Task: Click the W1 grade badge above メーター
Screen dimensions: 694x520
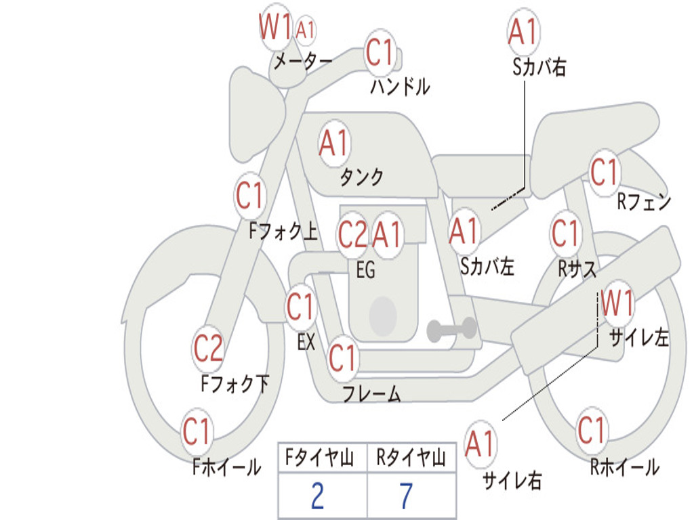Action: tap(275, 27)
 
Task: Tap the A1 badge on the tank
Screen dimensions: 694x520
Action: tap(334, 144)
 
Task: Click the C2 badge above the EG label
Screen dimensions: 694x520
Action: tap(352, 234)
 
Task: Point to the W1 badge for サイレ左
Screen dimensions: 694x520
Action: tap(617, 303)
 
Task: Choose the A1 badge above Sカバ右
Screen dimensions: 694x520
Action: tap(524, 31)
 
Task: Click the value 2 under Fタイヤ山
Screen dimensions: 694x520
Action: tap(318, 496)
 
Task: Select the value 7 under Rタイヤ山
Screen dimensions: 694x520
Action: tap(407, 496)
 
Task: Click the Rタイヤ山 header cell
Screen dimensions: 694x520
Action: tap(411, 457)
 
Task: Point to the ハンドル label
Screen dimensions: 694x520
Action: tap(400, 87)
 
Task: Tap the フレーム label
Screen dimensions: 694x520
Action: tap(372, 393)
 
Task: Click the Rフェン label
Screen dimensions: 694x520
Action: tap(645, 202)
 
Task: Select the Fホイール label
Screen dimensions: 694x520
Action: tap(226, 467)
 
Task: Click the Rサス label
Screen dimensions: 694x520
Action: tap(577, 268)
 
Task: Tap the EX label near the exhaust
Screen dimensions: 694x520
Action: tap(306, 342)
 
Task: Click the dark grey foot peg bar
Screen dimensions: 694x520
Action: tap(451, 329)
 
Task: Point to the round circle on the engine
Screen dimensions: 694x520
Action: tap(383, 316)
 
